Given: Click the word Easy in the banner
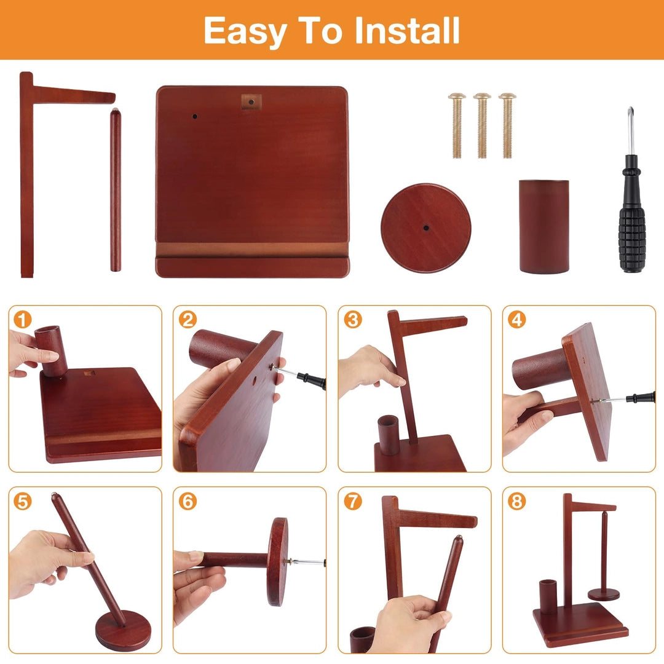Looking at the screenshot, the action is coord(245,31).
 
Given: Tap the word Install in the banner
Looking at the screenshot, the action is coord(407,31).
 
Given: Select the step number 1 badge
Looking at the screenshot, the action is coord(23,320).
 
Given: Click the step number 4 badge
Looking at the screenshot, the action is coord(516,320).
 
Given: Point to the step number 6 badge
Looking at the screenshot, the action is coord(188,502).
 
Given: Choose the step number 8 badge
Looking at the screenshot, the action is coord(516,502).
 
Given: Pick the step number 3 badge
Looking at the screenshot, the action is coord(352,320).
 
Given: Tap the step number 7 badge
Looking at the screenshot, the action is coord(352,502).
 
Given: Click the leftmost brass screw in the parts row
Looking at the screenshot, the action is coord(457,125).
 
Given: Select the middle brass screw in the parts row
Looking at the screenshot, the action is coord(482,125).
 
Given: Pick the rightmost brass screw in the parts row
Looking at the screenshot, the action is coord(507,125).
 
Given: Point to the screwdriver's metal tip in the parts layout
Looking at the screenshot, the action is coord(631,111).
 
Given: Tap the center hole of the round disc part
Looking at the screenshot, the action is coord(426,228).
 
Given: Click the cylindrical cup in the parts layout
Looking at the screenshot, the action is coord(543,226).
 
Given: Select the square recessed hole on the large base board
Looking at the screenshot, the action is coord(251,102).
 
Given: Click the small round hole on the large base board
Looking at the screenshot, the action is coord(195,116).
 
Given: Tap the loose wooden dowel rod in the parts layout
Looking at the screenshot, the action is coord(115,190).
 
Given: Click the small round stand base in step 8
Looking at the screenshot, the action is coord(604,595).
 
